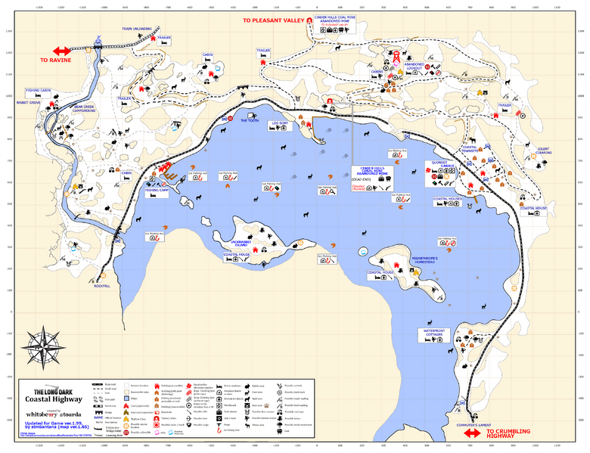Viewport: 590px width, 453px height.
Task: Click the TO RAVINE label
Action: coord(54,59)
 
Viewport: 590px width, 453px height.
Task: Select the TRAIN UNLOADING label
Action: coord(137,29)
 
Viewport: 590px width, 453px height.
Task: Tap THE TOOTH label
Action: coord(250,120)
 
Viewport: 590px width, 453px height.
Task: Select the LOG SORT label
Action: coord(279,123)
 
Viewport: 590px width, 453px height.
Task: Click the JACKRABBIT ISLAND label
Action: coord(240,244)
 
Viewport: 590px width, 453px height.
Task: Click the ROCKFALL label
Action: coord(102,286)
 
